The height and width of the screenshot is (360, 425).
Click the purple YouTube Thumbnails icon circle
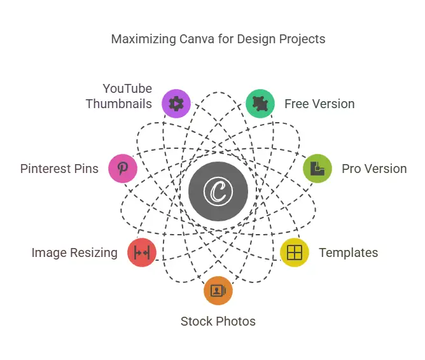(x=176, y=104)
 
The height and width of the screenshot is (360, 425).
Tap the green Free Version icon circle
(x=260, y=104)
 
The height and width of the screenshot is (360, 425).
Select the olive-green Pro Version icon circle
(x=317, y=169)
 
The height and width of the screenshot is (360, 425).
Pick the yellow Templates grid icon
(x=295, y=253)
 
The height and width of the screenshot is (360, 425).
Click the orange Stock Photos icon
(x=218, y=291)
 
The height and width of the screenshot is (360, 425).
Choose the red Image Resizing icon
(x=142, y=253)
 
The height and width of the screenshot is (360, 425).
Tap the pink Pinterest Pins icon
(x=123, y=169)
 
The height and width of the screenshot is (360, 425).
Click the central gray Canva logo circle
(x=218, y=191)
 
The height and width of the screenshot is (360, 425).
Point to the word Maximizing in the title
(x=144, y=39)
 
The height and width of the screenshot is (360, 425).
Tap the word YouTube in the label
(x=127, y=88)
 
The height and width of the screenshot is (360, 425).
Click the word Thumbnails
(x=119, y=104)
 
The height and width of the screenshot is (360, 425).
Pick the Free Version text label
(x=319, y=104)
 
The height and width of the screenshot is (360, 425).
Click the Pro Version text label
(x=374, y=169)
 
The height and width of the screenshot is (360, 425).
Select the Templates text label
(x=349, y=253)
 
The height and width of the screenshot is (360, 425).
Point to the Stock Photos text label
(x=218, y=322)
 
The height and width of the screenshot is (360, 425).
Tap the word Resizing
(x=94, y=253)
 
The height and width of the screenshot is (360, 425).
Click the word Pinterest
(x=46, y=169)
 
